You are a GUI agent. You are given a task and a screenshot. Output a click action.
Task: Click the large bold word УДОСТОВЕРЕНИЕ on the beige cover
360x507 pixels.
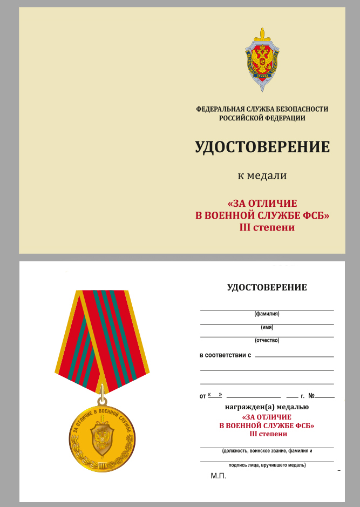click(x=262, y=147)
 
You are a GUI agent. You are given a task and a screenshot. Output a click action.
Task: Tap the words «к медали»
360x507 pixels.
click(x=262, y=175)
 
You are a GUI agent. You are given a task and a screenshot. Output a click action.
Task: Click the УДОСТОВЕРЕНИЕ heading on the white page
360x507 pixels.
click(x=267, y=288)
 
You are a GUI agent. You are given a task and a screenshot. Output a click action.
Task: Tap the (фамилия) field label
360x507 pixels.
click(x=267, y=314)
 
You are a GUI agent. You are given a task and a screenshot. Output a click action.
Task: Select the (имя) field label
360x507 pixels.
click(x=267, y=327)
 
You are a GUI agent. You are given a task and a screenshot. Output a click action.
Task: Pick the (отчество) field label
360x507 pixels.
click(x=267, y=341)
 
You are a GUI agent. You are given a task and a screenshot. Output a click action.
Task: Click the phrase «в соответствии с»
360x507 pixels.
click(x=226, y=355)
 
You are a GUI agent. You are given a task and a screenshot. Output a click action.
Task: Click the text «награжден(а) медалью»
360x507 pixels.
click(x=267, y=407)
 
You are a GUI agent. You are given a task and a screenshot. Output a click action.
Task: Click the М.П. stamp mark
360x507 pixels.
click(x=218, y=476)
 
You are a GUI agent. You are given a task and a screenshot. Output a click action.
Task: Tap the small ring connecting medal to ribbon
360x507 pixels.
click(x=103, y=401)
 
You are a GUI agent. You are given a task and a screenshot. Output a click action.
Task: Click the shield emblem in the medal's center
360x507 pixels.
click(x=102, y=436)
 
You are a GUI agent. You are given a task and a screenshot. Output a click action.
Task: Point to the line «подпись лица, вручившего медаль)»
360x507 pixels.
click(x=267, y=465)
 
